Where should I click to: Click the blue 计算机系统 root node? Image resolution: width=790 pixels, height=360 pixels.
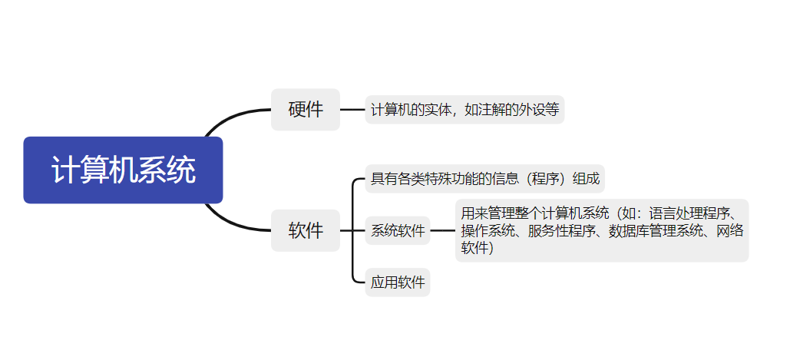pos(123,170)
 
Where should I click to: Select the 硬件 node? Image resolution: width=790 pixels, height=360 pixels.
pos(305,110)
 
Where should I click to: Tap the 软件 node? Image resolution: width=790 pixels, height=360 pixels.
pos(305,230)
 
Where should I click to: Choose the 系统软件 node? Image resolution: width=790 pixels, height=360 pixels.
pos(398,230)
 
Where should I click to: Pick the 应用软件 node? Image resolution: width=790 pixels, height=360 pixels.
pos(398,282)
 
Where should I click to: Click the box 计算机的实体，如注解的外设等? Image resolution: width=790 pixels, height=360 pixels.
pos(464,110)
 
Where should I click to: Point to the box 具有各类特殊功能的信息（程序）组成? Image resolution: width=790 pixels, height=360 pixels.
pos(484,179)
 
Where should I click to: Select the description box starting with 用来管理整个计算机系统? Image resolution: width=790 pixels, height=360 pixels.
pos(601,230)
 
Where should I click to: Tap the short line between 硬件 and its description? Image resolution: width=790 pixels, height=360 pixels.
pos(352,110)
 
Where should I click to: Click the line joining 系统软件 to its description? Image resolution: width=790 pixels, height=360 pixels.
pos(442,230)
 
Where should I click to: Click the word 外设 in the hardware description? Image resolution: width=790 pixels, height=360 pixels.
pos(524,110)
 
